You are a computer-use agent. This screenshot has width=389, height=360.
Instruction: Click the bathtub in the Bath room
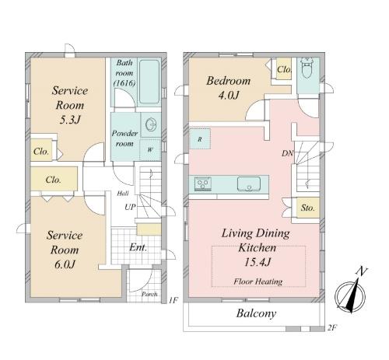pos(149,82)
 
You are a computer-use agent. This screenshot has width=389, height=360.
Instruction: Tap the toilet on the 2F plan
pos(307,67)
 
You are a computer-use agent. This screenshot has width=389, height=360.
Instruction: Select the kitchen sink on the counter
pos(249,183)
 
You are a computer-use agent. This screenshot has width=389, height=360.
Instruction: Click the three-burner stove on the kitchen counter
pos(203,183)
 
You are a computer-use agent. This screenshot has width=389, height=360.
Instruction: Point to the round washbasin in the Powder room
pos(151,125)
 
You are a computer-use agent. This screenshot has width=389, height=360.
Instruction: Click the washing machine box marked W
pos(150,149)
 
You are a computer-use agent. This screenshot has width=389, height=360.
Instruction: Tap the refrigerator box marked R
pos(200,139)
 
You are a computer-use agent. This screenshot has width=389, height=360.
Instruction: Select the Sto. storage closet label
pos(307,208)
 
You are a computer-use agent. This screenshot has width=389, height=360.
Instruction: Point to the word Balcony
pos(256,313)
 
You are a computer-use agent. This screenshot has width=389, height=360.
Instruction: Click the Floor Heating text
pos(258,281)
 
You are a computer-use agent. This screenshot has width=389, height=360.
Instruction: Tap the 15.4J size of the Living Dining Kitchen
pos(258,262)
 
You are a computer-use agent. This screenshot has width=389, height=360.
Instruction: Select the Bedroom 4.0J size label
pos(228,96)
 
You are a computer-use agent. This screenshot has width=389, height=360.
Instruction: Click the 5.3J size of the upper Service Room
pos(70,120)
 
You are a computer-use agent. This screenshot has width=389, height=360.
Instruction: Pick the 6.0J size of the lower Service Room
pos(65,264)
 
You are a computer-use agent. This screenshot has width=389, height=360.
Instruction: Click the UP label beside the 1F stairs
pos(130,207)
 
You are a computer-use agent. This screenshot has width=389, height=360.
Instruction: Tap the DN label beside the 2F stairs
pos(287,153)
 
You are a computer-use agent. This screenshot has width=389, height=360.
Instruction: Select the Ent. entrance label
pos(138,247)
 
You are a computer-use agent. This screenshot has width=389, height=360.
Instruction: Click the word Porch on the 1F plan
pos(149,294)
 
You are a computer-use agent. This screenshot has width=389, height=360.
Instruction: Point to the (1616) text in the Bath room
pos(124,83)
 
